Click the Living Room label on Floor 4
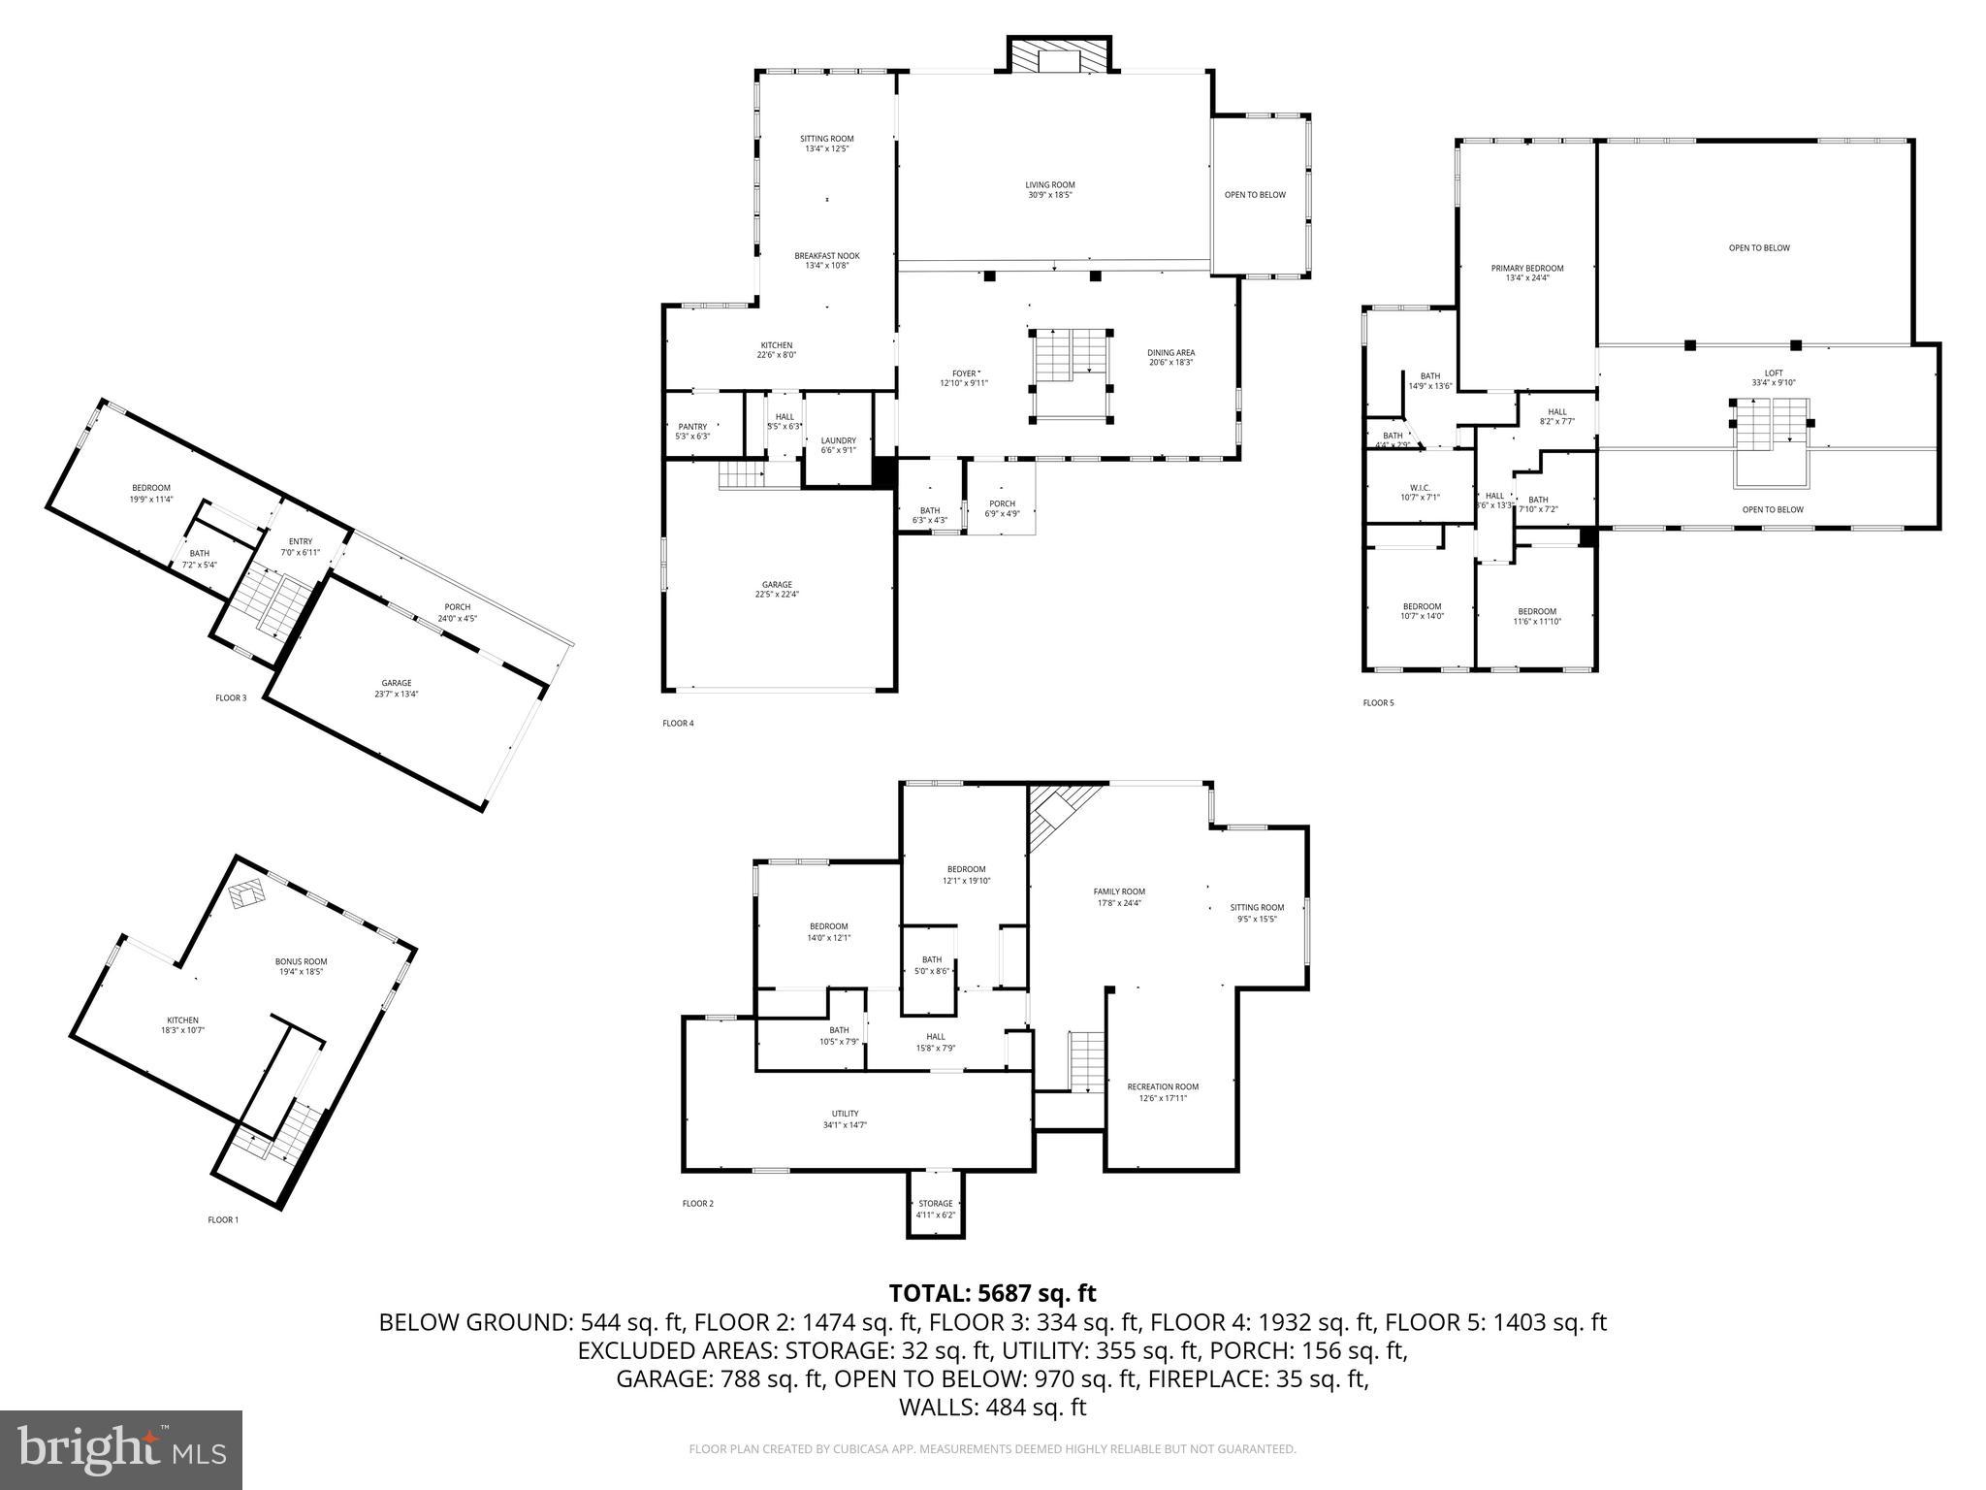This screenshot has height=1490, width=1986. coord(1050,189)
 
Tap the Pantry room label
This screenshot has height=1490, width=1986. coord(692,431)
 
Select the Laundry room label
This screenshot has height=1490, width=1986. coord(838,444)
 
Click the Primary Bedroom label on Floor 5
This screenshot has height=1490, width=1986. coord(1527,273)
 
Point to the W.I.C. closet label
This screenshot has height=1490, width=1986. coord(1421,492)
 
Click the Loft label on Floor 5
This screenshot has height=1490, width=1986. coord(1773,377)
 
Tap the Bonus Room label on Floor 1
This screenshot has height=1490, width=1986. coord(301,966)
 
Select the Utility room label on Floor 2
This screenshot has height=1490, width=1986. coord(845,1118)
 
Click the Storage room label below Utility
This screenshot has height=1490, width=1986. coord(936,1209)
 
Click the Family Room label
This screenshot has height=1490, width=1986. coord(1119,896)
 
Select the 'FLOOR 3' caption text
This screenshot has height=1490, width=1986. coord(231,697)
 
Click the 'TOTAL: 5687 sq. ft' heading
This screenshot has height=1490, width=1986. coord(992,1293)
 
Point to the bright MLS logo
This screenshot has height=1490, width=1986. coord(121,1449)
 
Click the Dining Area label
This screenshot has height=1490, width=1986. coord(1170,357)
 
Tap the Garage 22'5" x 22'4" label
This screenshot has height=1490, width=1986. coord(777,589)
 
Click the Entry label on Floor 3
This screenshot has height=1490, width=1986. coord(301,546)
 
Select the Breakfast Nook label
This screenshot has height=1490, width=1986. coord(827,260)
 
